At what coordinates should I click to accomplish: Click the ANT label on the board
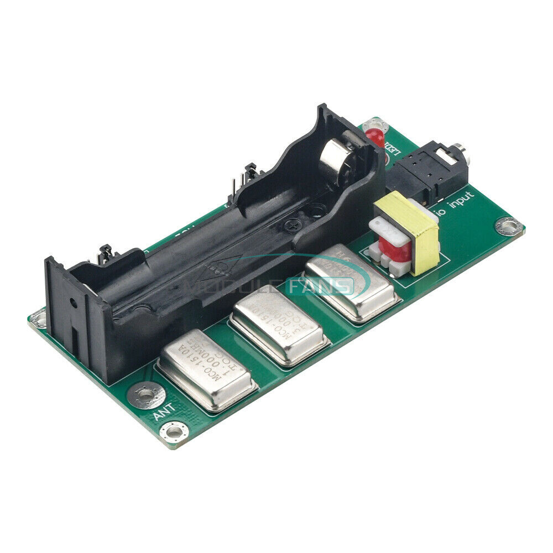(164, 411)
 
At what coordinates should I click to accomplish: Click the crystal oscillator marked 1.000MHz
(206, 370)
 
